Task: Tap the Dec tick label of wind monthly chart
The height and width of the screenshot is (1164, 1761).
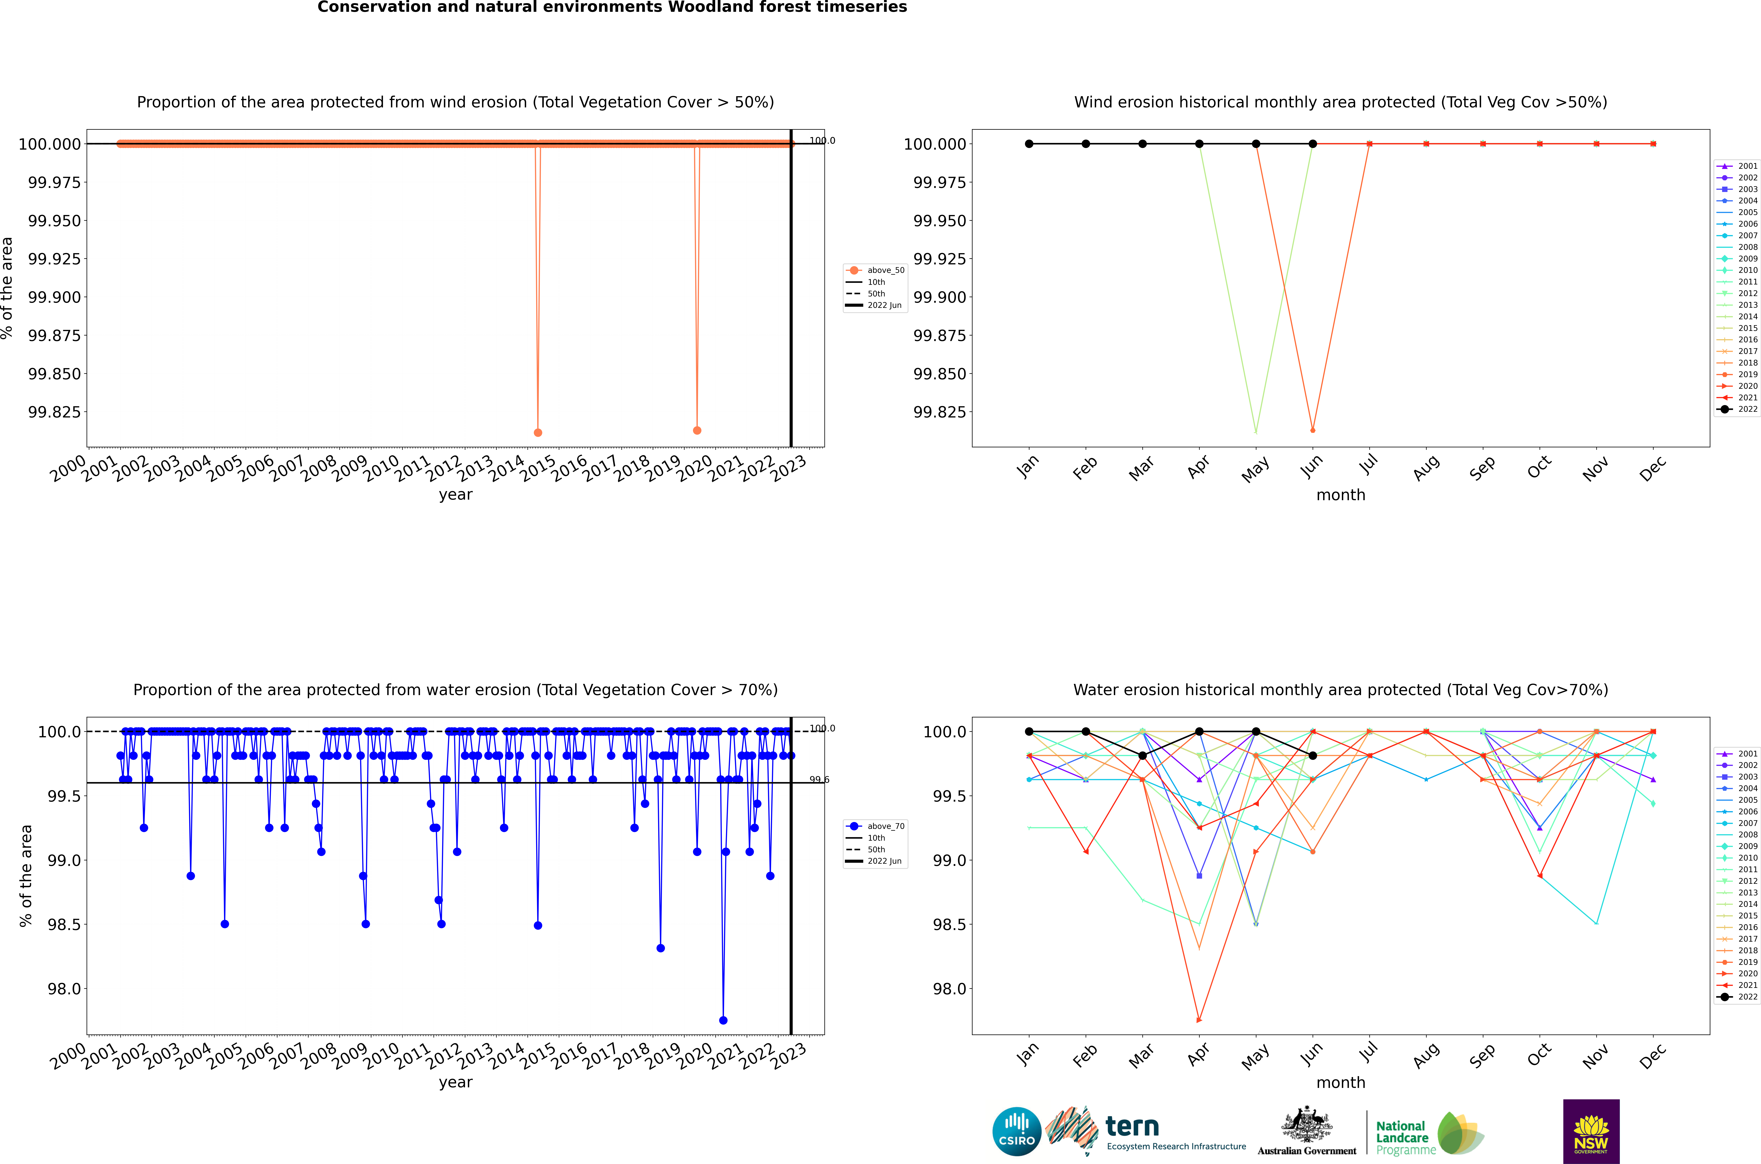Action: (1653, 469)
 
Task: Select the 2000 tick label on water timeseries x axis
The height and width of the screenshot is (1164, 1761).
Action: (68, 1056)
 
